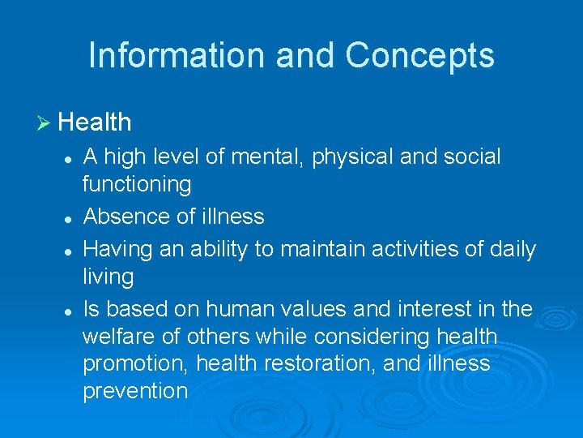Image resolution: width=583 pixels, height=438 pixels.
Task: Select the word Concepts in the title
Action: click(x=419, y=56)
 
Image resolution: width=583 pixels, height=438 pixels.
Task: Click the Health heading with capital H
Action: click(x=95, y=122)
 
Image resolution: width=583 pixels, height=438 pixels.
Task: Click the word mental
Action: click(x=270, y=157)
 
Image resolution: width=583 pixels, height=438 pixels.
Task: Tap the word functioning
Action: click(x=137, y=185)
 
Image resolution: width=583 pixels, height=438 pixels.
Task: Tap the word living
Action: click(x=108, y=277)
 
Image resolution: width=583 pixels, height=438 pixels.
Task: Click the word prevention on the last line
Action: click(x=135, y=391)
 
